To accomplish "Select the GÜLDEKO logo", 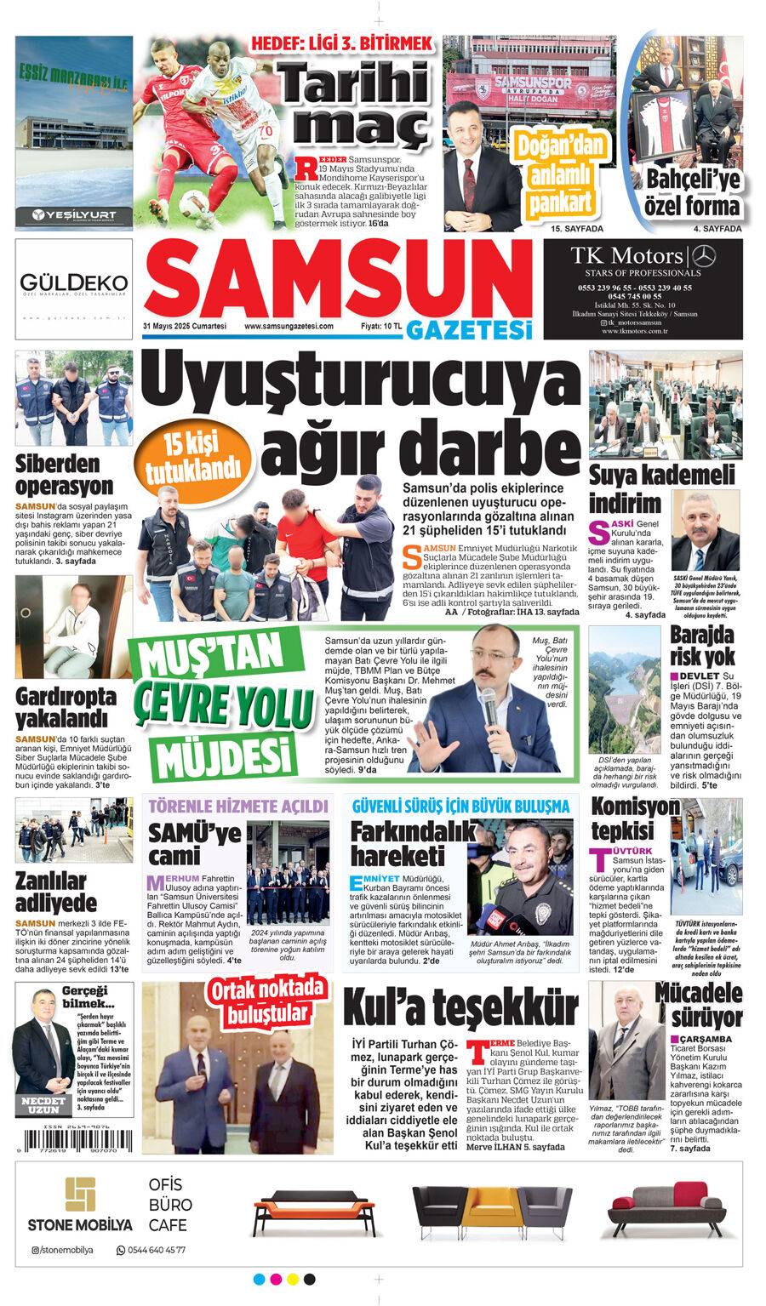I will (x=74, y=283).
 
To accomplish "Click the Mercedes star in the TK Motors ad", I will (x=704, y=255).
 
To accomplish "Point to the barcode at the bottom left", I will (x=74, y=1140).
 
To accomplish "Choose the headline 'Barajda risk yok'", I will (x=702, y=646).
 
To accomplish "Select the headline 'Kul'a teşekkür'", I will (x=460, y=1009).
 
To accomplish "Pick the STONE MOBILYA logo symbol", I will (x=81, y=1194).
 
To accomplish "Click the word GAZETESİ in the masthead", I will (x=469, y=330).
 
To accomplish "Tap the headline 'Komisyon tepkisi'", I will (x=635, y=818).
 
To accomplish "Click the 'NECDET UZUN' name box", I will (x=43, y=1104).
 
